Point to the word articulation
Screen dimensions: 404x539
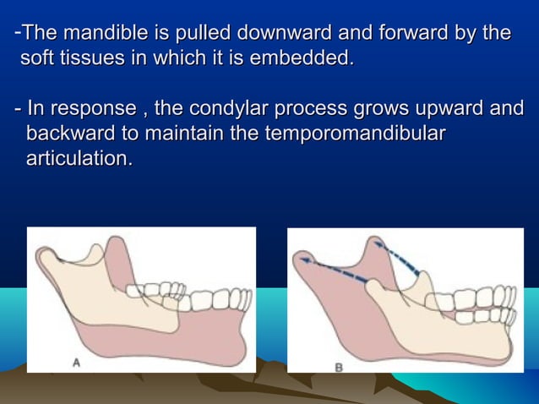pos(79,158)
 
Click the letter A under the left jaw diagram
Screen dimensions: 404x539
pos(76,362)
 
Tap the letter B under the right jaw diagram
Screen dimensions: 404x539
pos(339,366)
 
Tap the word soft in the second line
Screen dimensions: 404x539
pos(36,59)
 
